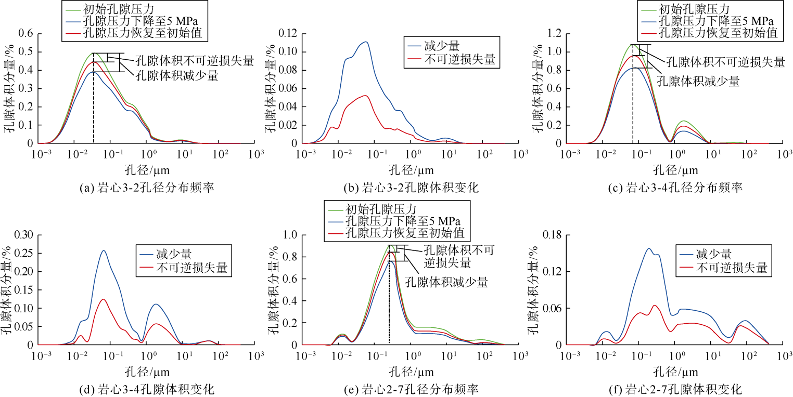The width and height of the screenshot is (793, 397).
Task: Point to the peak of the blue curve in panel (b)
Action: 366,42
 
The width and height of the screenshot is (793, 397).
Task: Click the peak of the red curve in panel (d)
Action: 104,299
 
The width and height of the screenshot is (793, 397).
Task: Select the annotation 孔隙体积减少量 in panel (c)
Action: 698,81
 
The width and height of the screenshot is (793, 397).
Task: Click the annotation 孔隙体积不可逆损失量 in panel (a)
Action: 195,61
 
